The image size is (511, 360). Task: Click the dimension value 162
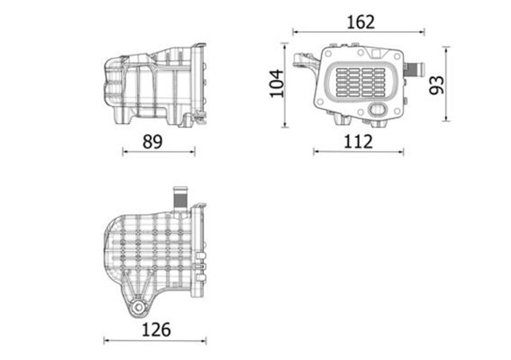(x=361, y=22)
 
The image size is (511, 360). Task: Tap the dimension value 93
(x=436, y=85)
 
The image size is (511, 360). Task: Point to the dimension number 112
(x=359, y=141)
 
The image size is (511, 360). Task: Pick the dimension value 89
(x=152, y=141)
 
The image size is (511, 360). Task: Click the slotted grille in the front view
(x=360, y=80)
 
